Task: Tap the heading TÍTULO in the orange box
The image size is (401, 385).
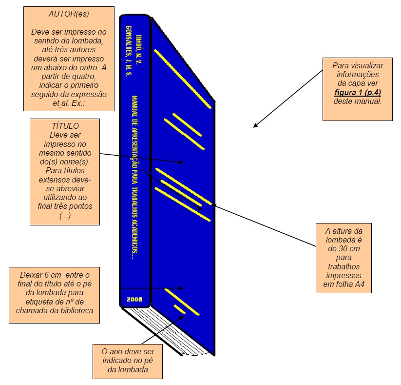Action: click(x=65, y=125)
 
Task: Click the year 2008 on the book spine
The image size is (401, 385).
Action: click(x=134, y=299)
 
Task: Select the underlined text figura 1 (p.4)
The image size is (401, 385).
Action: click(x=357, y=92)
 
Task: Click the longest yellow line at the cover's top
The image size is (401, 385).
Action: click(x=182, y=78)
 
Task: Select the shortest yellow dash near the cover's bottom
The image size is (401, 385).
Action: click(x=180, y=310)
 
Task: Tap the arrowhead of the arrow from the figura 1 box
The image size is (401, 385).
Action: click(x=255, y=126)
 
